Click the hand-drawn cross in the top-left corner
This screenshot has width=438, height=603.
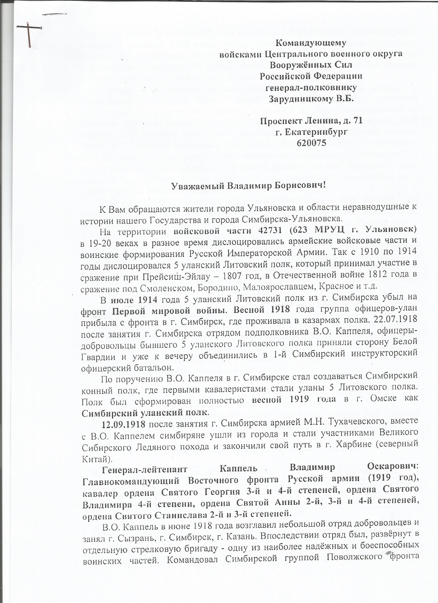(29, 34)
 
